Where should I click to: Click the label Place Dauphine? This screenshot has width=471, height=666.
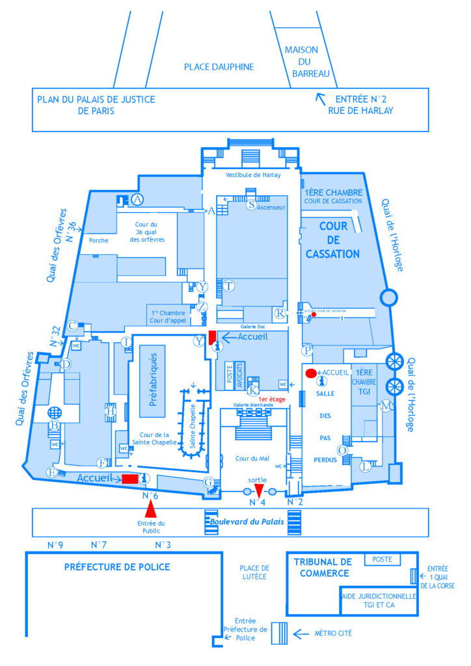[x=219, y=67]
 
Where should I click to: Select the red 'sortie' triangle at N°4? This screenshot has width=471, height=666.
[x=259, y=490]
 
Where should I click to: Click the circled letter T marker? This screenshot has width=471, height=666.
[x=228, y=286]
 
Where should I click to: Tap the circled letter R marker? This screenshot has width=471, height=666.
[x=280, y=313]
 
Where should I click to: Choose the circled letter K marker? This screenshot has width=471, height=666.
[x=254, y=390]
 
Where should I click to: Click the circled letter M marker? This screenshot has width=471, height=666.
[x=386, y=406]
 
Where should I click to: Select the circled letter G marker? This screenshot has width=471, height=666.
[x=209, y=483]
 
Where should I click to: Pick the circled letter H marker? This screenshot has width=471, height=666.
[x=111, y=410]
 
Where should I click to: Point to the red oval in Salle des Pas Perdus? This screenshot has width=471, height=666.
[x=311, y=373]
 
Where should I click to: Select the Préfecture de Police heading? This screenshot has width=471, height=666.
[x=117, y=567]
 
